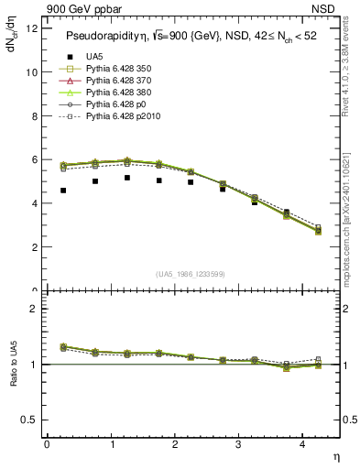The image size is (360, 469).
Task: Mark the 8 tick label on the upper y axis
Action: pos(34,115)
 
